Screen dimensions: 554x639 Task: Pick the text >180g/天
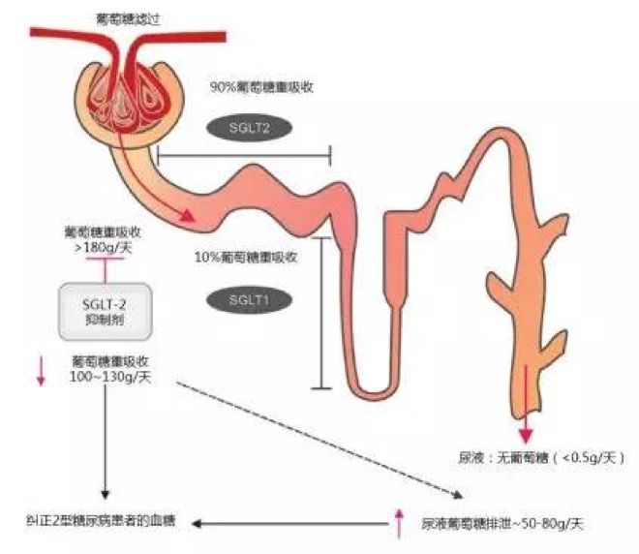pyautogui.click(x=103, y=247)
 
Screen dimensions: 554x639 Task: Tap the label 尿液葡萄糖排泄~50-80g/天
pyautogui.click(x=503, y=523)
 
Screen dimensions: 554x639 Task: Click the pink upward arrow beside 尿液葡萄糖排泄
pyautogui.click(x=399, y=523)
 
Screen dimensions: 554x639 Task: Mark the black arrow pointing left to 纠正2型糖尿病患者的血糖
pyautogui.click(x=289, y=523)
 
